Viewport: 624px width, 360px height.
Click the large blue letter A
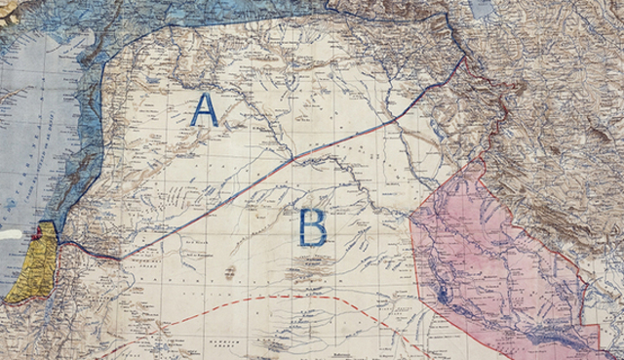[x=204, y=109]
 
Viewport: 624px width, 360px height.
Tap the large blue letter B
[x=312, y=226]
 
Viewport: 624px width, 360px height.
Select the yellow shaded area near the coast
[x=29, y=268]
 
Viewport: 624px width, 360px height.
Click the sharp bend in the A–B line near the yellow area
[x=119, y=258]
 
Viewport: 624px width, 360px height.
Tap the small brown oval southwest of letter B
[x=230, y=273]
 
